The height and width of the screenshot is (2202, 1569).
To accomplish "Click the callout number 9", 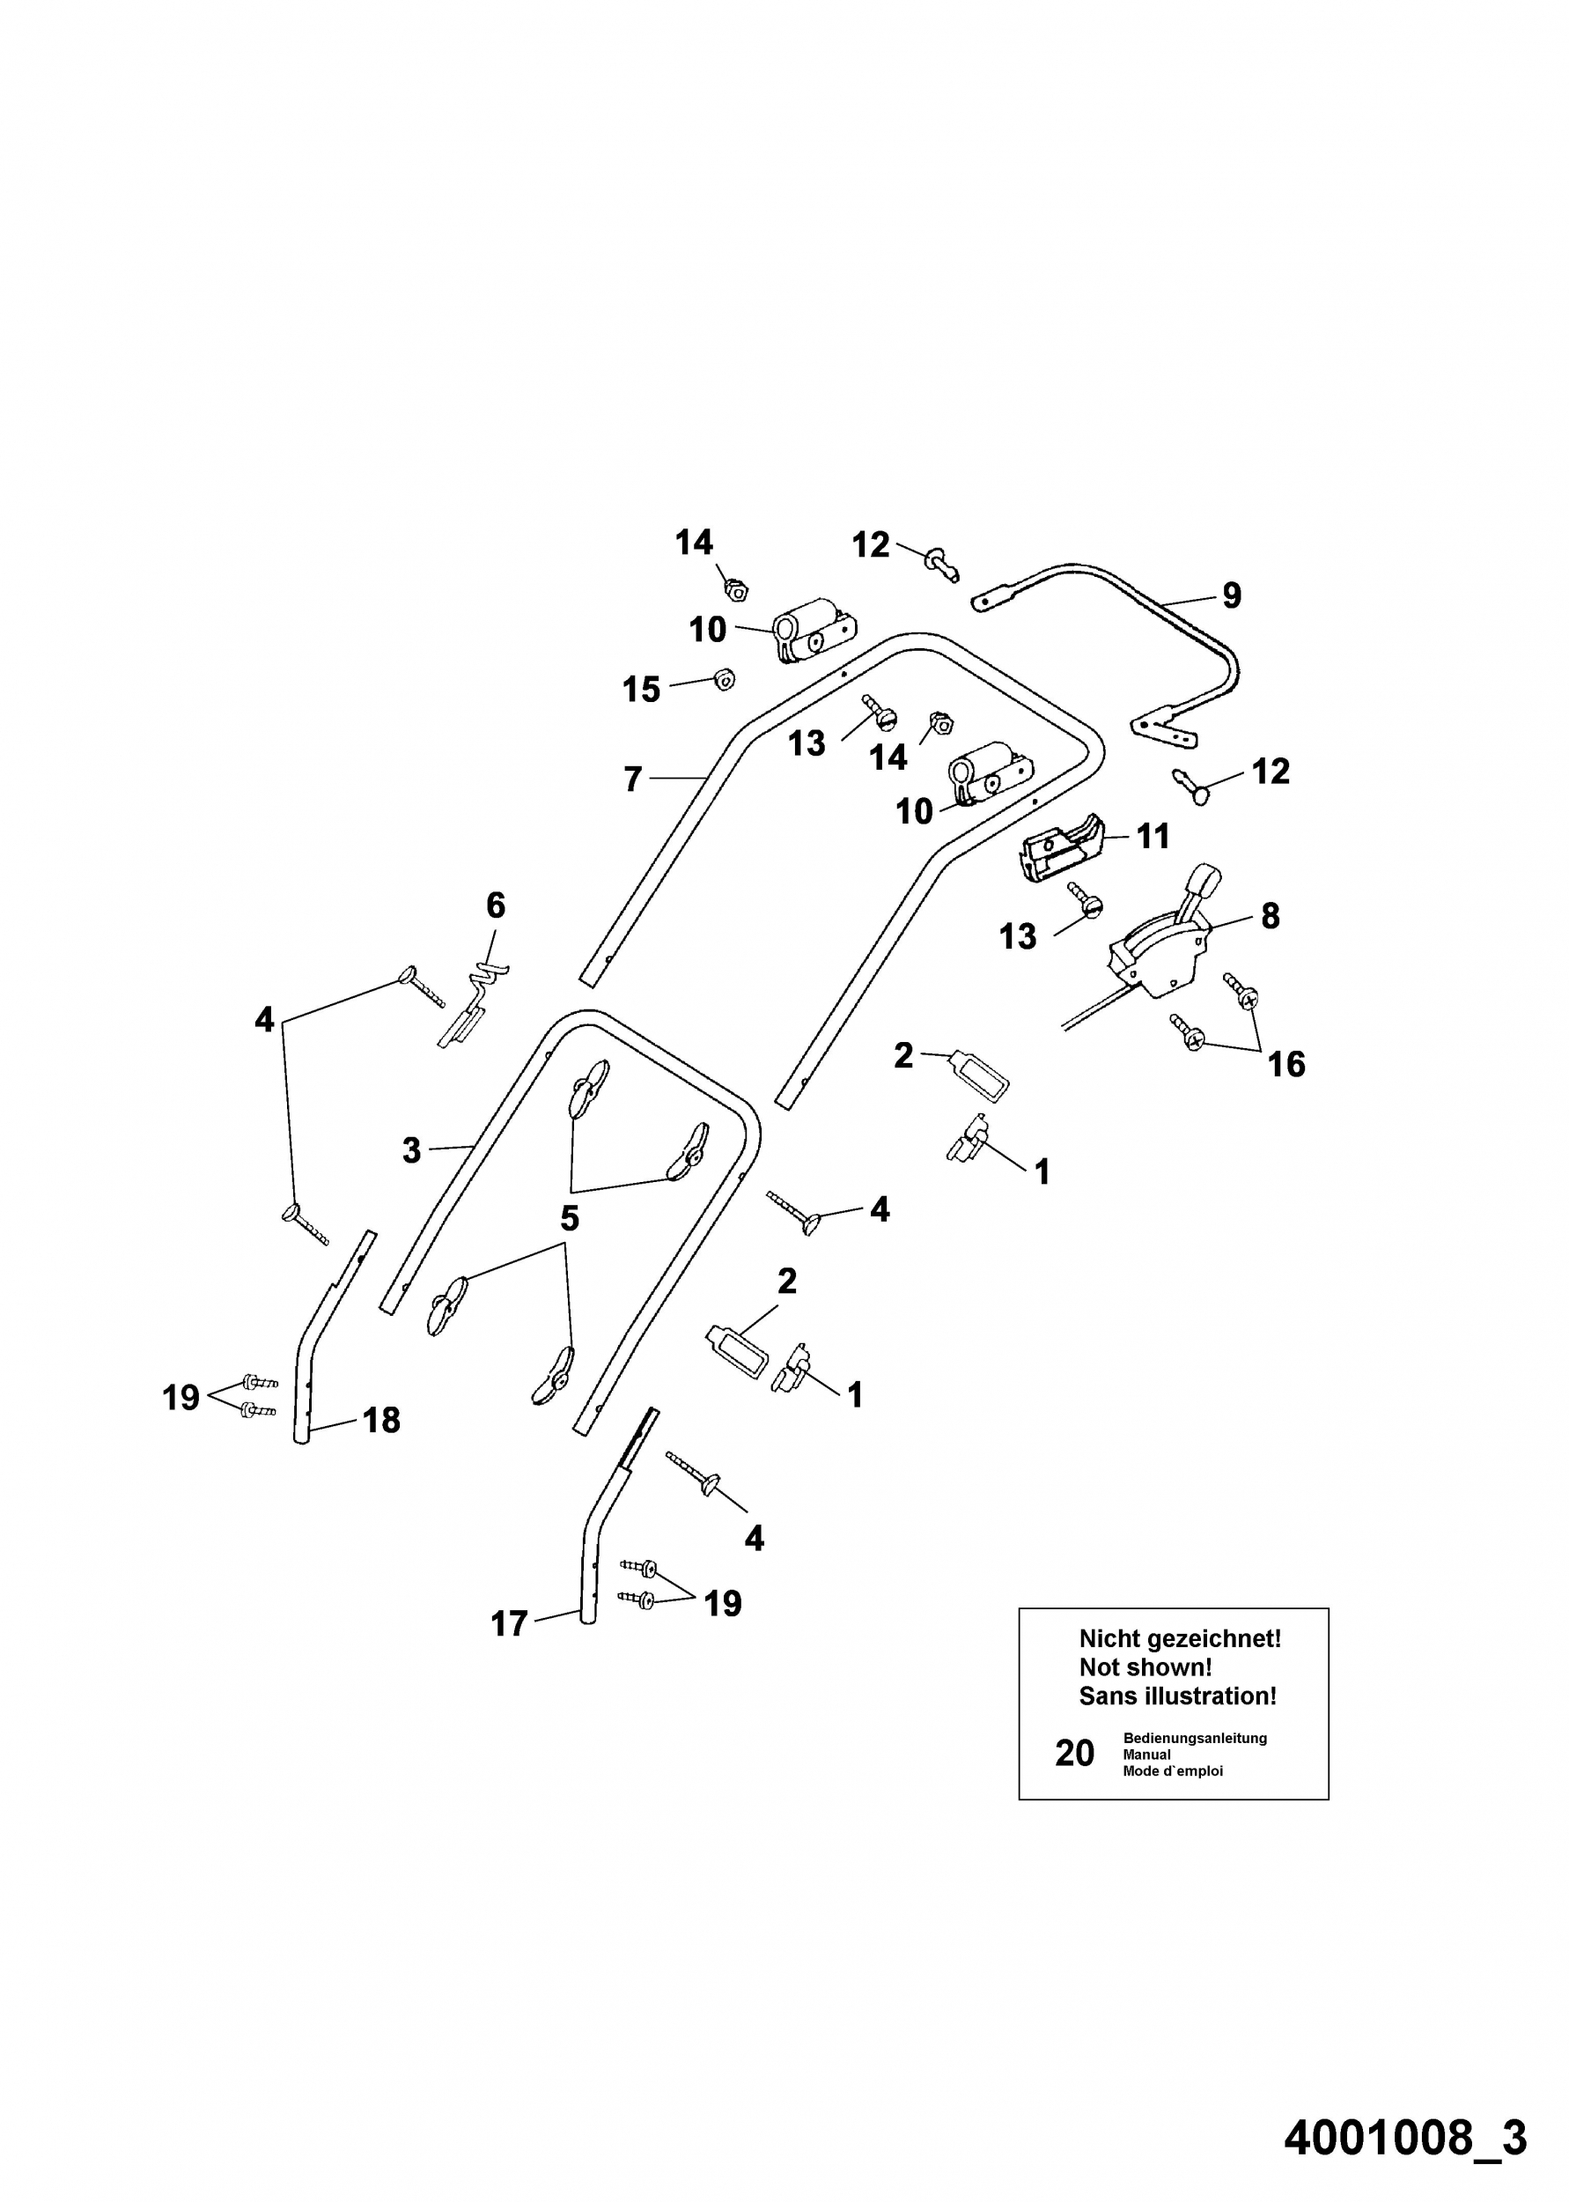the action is pyautogui.click(x=1231, y=595).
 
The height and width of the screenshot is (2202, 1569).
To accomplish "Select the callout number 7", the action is pyautogui.click(x=633, y=779).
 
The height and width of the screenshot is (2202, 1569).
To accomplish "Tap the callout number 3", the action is pyautogui.click(x=411, y=1150).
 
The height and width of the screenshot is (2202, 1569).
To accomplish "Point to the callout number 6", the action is pyautogui.click(x=496, y=905).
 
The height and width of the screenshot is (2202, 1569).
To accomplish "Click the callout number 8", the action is pyautogui.click(x=1271, y=916).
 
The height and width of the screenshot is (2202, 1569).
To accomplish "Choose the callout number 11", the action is pyautogui.click(x=1153, y=836).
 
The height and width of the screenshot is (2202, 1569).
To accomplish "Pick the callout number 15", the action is pyautogui.click(x=642, y=689).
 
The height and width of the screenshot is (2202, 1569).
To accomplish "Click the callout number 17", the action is pyautogui.click(x=509, y=1623).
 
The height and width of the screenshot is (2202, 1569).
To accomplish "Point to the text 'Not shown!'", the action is pyautogui.click(x=1145, y=1666).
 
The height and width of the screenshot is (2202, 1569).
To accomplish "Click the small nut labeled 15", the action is pyautogui.click(x=723, y=679).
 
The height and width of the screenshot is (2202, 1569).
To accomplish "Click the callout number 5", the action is pyautogui.click(x=570, y=1218).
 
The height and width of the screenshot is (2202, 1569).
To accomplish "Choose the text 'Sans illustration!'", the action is pyautogui.click(x=1178, y=1696).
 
